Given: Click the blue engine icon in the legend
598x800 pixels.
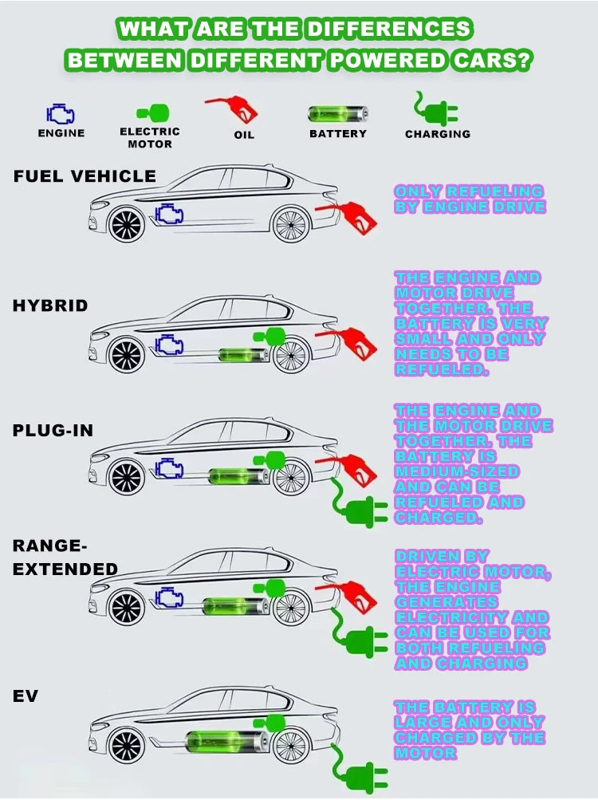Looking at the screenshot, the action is tap(61, 114).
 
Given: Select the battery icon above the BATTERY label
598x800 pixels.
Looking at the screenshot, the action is tap(338, 114).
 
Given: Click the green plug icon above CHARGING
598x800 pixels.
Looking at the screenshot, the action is tap(435, 108).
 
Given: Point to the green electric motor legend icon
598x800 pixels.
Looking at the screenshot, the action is tap(152, 112).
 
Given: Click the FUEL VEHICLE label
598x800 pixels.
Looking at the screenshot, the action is tap(85, 176).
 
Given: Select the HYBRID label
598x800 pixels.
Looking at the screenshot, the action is tap(50, 305).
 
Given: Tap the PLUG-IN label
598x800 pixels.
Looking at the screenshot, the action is tap(53, 431).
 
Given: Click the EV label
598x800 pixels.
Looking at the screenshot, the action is tap(26, 696).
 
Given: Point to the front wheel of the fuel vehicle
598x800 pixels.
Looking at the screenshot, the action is tap(127, 225).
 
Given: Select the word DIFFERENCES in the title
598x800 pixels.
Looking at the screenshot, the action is tap(389, 29).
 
